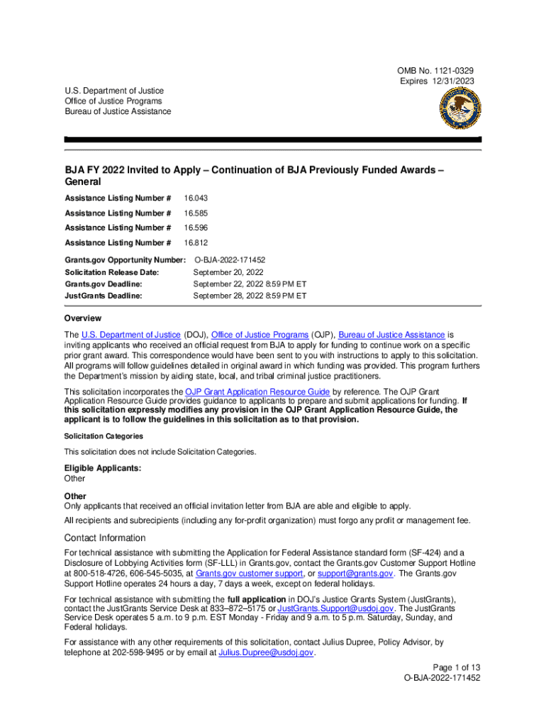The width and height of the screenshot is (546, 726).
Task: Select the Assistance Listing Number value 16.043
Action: click(196, 198)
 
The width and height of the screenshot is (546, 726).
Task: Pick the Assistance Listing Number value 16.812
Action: click(196, 243)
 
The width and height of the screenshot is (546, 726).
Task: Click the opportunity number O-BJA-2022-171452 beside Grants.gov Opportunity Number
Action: click(230, 260)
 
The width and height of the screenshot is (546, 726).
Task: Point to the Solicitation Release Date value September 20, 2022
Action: click(228, 272)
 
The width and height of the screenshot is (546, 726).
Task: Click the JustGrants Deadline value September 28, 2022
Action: click(250, 295)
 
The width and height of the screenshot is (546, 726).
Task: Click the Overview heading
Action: click(82, 318)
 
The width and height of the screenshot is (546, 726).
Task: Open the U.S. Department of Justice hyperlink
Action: click(131, 335)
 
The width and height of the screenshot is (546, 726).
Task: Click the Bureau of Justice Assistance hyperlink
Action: click(391, 335)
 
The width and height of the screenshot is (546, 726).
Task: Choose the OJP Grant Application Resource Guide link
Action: click(257, 391)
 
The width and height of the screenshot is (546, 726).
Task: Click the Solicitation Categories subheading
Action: click(104, 436)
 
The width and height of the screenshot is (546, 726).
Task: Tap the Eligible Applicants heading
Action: click(102, 469)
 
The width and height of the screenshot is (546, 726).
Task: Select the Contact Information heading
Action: click(104, 537)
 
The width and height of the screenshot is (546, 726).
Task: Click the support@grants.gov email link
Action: click(354, 573)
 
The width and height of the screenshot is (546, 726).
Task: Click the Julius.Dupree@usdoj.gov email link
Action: click(266, 652)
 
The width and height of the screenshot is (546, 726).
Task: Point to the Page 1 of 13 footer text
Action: click(457, 667)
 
